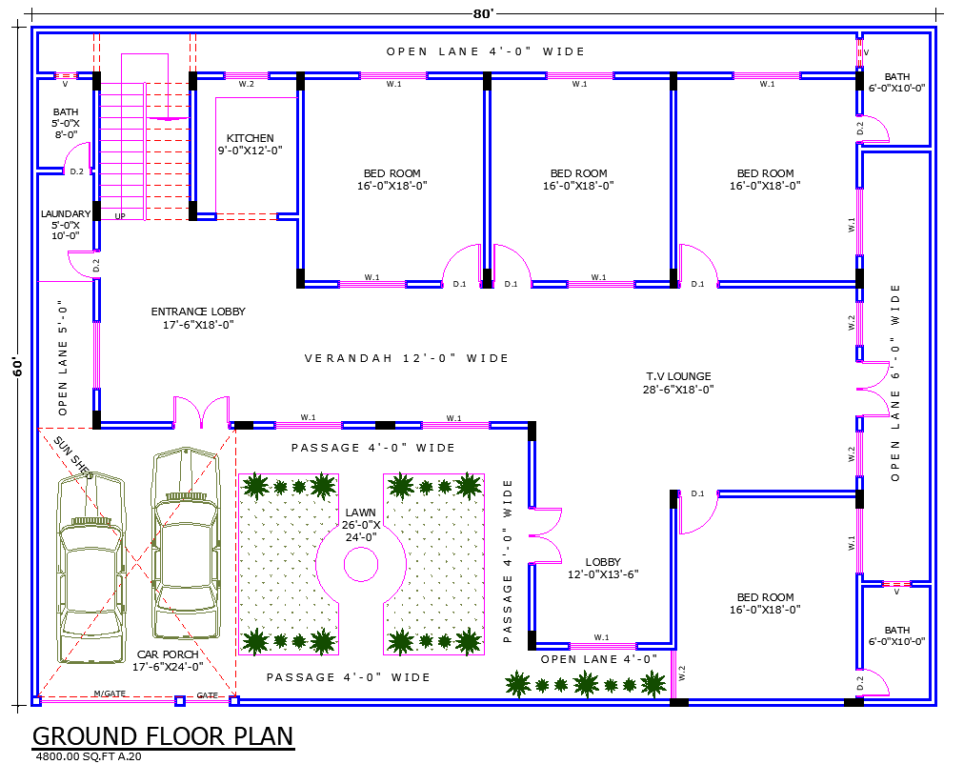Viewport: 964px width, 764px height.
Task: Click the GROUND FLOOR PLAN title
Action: (x=163, y=736)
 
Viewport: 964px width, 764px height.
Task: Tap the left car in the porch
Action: (x=91, y=566)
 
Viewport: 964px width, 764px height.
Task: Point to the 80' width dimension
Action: (x=483, y=13)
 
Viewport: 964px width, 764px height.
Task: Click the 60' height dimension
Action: (x=17, y=367)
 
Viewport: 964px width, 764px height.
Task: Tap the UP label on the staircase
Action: (x=120, y=216)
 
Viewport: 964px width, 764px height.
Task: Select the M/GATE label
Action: (x=109, y=694)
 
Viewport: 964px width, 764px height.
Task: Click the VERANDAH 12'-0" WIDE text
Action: (x=407, y=358)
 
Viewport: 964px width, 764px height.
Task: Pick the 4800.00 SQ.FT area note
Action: (x=88, y=756)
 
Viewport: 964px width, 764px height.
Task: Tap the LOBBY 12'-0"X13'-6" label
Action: (x=603, y=568)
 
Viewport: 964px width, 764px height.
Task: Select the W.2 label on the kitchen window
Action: (x=246, y=85)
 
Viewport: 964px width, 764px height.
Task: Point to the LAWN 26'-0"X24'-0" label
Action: (x=361, y=524)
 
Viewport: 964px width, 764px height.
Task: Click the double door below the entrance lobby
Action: (x=201, y=412)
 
